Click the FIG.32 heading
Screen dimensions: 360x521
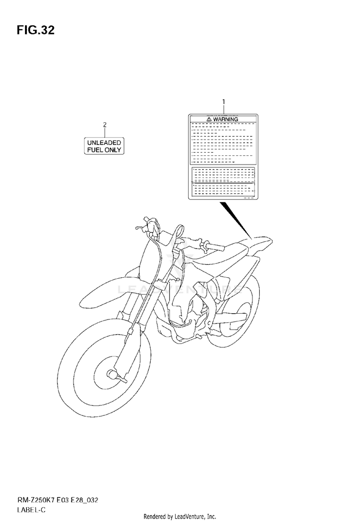(36, 31)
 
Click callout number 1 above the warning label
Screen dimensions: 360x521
(223, 102)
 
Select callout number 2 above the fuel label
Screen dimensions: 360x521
(105, 126)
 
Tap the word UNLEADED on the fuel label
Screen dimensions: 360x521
(104, 142)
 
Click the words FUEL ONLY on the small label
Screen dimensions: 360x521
(104, 150)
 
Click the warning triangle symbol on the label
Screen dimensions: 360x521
(209, 118)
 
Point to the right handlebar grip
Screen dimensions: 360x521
(211, 247)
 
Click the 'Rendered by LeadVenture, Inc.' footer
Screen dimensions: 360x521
(180, 516)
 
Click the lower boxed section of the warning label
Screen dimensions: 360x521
(223, 181)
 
